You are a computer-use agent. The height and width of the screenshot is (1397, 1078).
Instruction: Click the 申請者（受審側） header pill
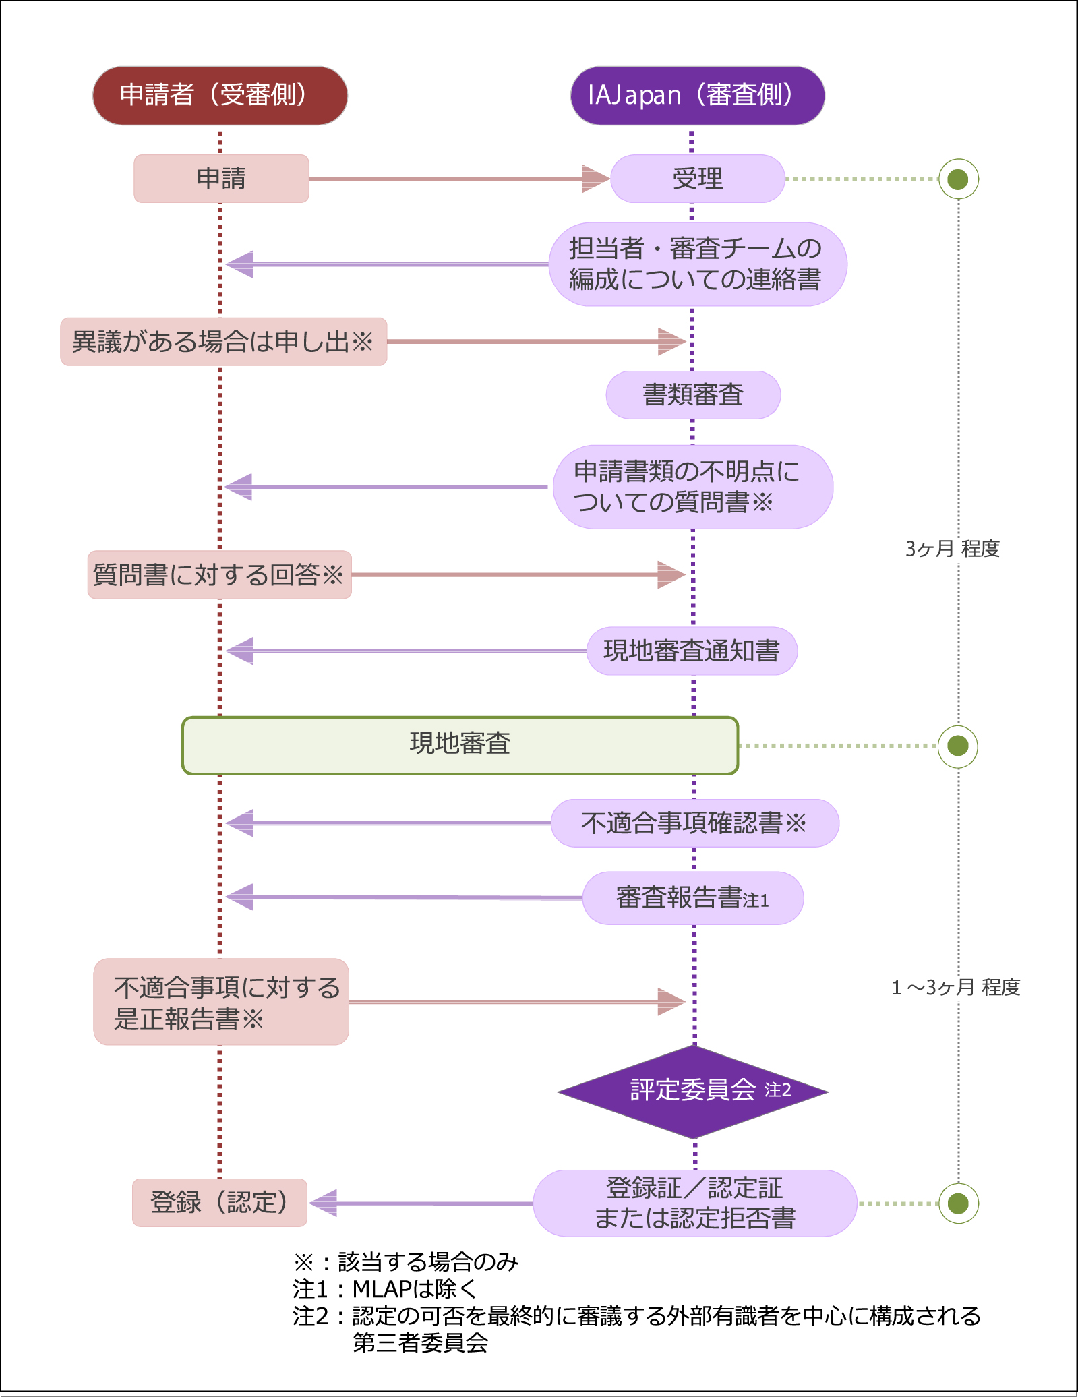point(220,95)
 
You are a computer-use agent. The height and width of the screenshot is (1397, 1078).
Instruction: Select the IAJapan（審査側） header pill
point(697,95)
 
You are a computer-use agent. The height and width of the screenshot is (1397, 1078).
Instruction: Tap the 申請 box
point(221,179)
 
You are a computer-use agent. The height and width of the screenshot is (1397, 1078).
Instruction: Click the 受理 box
point(697,179)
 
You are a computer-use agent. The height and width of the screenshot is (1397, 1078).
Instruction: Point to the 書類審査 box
point(693,395)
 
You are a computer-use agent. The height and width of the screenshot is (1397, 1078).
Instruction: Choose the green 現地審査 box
point(460,745)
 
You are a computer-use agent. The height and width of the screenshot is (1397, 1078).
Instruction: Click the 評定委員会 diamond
point(693,1091)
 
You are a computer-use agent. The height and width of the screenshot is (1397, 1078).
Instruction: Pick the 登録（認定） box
point(220,1202)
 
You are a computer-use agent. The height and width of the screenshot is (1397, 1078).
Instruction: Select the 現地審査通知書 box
point(692,651)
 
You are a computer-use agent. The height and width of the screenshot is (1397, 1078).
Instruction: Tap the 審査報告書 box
point(692,898)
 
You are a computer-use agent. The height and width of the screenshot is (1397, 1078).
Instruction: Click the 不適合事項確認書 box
point(694,823)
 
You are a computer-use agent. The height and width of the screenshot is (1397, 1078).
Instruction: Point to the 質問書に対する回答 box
point(219,575)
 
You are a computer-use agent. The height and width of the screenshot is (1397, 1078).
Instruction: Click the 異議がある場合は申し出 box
point(223,342)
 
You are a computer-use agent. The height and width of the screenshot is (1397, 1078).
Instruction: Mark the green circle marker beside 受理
point(958,179)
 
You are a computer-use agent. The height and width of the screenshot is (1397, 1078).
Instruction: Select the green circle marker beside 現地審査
point(958,746)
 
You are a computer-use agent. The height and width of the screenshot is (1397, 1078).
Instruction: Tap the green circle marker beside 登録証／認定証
point(958,1203)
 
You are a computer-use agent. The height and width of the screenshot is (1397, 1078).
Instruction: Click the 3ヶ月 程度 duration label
point(952,549)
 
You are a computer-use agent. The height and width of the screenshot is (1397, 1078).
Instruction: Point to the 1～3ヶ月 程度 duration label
point(955,988)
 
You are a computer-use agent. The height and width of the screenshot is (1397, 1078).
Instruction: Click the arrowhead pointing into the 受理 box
point(596,179)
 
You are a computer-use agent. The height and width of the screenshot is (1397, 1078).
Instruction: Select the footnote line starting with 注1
point(385,1288)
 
